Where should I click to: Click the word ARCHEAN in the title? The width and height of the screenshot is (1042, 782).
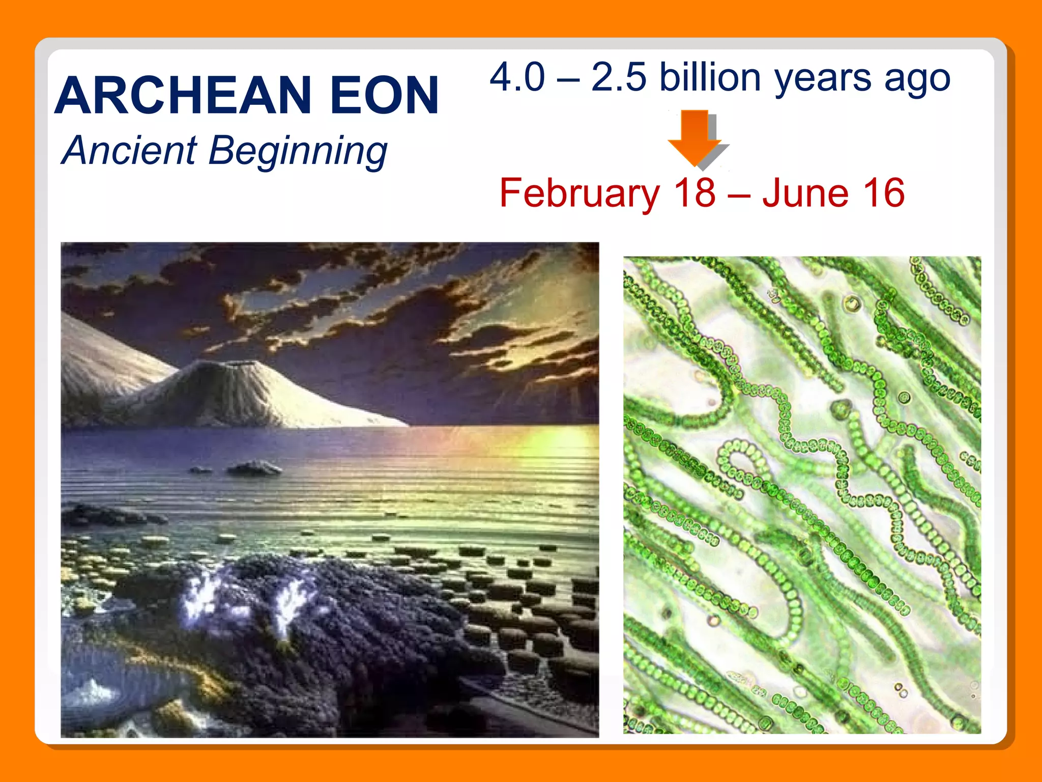pyautogui.click(x=183, y=95)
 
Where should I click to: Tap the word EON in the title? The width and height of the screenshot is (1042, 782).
pyautogui.click(x=384, y=95)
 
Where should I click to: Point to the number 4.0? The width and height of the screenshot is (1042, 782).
pyautogui.click(x=517, y=77)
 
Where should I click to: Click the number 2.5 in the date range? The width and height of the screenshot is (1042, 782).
pyautogui.click(x=618, y=77)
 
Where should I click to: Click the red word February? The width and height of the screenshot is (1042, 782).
pyautogui.click(x=580, y=193)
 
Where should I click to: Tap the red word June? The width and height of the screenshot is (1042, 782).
pyautogui.click(x=805, y=193)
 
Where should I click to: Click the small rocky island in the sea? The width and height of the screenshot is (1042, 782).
pyautogui.click(x=254, y=467)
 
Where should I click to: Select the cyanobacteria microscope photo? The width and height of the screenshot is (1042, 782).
pyautogui.click(x=802, y=494)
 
